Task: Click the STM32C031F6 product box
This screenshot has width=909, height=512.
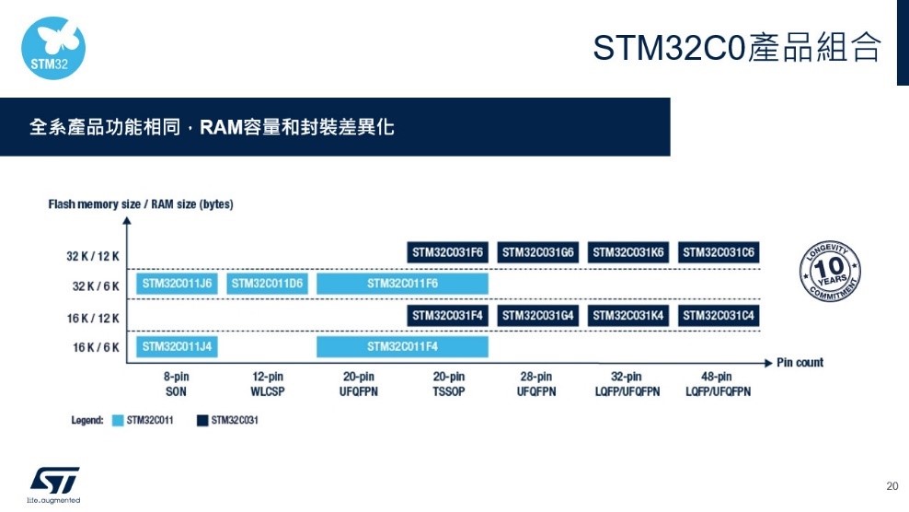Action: (447, 252)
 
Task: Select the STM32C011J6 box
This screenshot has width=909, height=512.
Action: (177, 284)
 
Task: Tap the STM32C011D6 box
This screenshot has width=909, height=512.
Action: (267, 284)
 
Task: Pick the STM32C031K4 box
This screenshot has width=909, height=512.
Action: (627, 315)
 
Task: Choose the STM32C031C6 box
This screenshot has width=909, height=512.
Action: (719, 252)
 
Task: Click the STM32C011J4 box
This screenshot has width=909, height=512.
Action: (177, 346)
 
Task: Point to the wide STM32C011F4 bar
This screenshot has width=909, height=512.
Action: (402, 346)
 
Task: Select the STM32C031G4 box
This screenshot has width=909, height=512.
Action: (537, 315)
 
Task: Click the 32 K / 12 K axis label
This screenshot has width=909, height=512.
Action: (93, 256)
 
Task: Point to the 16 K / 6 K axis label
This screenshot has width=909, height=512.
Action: (96, 347)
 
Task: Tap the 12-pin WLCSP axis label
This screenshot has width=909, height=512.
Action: (267, 384)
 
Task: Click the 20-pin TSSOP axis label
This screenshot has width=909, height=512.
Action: (449, 384)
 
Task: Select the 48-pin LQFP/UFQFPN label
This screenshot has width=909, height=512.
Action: (718, 384)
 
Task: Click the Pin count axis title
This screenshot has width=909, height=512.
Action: (800, 363)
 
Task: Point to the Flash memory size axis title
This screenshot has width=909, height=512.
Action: (140, 204)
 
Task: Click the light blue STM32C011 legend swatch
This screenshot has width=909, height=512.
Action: (118, 420)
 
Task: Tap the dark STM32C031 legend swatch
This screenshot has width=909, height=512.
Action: (202, 420)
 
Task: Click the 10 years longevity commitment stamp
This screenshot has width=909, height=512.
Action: (830, 271)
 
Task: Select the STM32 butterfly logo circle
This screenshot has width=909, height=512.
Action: (53, 48)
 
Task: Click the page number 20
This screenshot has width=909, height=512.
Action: (892, 486)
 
